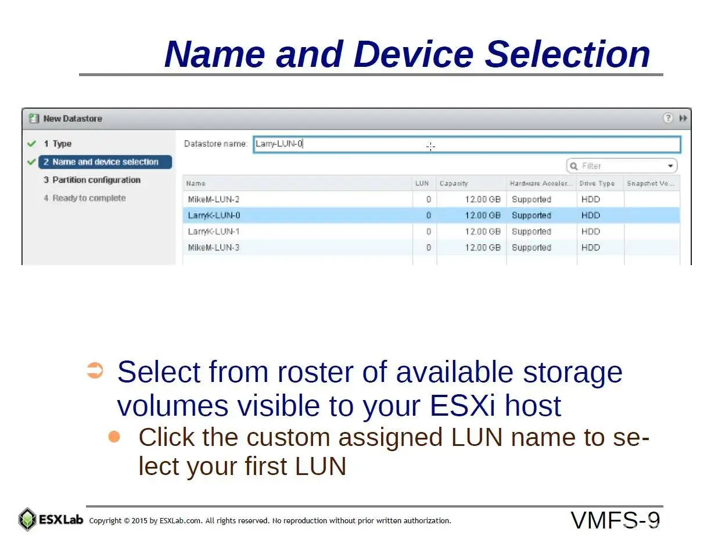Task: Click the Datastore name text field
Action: [466, 144]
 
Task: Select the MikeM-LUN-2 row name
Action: [214, 199]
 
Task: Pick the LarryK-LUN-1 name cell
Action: [214, 231]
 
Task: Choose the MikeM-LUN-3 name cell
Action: [214, 248]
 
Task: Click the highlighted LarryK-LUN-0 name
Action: [214, 215]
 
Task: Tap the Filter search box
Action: [622, 166]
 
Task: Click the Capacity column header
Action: [454, 183]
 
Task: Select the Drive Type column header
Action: [597, 183]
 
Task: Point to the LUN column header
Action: [422, 183]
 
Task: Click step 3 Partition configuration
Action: [92, 180]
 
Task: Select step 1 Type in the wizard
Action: [58, 144]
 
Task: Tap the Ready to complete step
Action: [85, 198]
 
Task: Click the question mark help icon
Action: [668, 118]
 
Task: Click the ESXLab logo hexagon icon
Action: [27, 519]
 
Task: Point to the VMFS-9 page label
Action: [615, 520]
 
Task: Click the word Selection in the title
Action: [568, 54]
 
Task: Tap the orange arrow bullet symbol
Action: [95, 370]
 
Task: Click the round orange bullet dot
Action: [114, 437]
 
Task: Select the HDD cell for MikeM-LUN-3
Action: [590, 248]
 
